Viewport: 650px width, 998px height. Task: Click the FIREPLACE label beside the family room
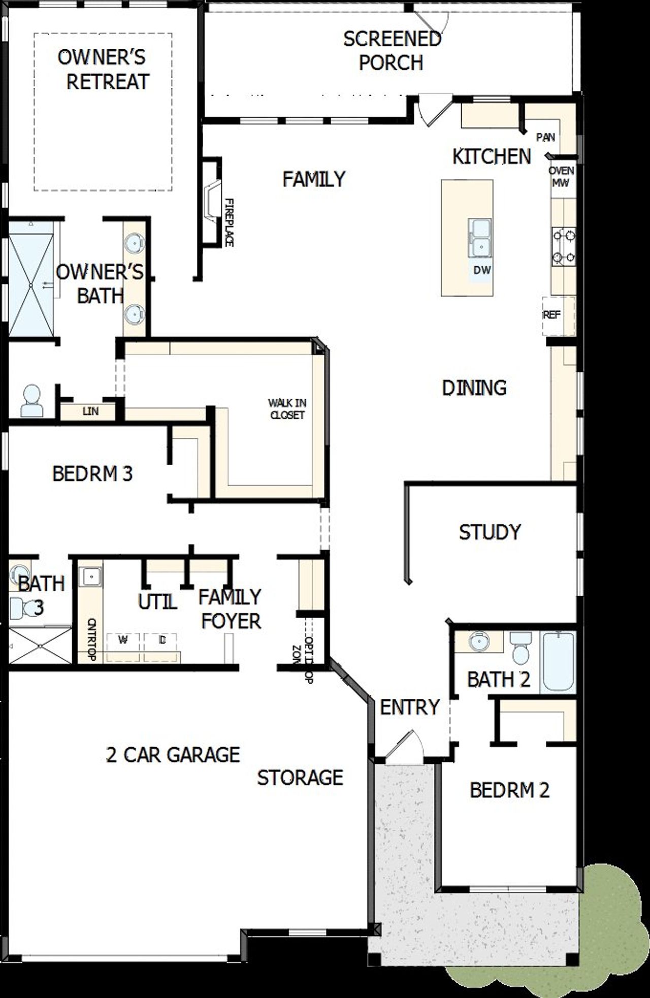pos(229,222)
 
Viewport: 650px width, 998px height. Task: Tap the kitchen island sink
pos(480,238)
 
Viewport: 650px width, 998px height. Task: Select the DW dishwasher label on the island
pos(482,270)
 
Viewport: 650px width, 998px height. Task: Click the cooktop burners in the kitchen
pos(564,246)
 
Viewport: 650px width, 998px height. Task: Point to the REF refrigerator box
pos(558,315)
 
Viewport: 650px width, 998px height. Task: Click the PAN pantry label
pos(545,137)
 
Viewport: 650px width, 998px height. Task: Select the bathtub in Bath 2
pos(558,662)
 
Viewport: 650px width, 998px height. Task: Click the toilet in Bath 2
pos(521,649)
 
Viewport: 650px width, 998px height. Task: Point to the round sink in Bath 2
pos(478,642)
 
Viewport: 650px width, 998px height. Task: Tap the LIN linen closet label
pos(90,411)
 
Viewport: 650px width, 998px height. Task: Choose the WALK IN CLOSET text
pos(287,409)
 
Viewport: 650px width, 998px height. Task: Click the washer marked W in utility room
pos(122,640)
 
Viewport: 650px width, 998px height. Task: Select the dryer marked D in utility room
pos(162,640)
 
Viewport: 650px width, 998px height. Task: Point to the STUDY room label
pos(490,532)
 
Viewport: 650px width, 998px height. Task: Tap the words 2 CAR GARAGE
pos(173,755)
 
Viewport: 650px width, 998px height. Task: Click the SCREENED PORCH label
pos(392,51)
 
